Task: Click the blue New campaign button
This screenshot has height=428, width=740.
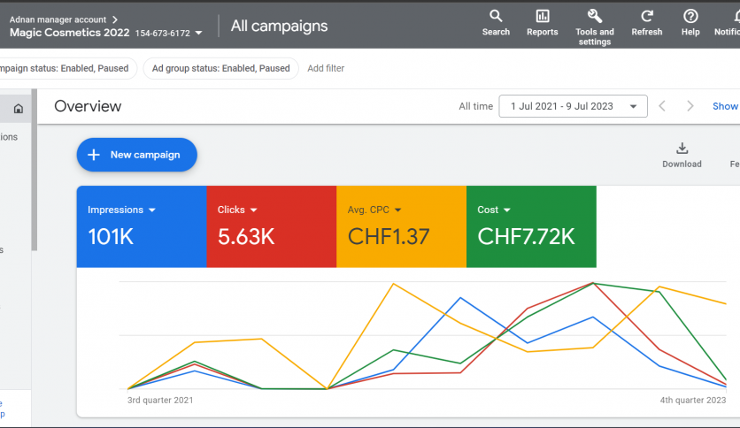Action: point(136,155)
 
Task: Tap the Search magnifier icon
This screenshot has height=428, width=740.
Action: point(496,16)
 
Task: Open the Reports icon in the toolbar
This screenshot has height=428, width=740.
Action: point(542,16)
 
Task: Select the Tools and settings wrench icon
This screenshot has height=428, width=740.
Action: point(594,16)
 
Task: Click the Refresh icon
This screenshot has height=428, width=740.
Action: point(647,16)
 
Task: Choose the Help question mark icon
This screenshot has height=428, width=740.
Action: point(690,16)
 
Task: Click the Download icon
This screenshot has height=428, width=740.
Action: point(682,149)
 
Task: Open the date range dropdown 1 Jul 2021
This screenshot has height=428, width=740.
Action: point(573,106)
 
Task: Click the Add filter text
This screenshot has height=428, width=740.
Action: point(326,68)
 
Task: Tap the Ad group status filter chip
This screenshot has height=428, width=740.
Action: point(220,68)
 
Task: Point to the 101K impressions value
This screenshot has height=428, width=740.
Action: point(110,236)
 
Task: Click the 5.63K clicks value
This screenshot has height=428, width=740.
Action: point(246,236)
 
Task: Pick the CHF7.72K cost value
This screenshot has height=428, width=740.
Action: point(526,236)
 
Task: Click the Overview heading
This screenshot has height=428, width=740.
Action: point(88,106)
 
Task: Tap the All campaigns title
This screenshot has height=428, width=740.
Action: point(279,26)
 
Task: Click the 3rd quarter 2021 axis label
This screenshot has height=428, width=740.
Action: point(160,400)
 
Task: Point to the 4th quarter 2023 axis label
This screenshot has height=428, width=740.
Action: point(693,400)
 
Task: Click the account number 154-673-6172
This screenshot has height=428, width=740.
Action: point(162,33)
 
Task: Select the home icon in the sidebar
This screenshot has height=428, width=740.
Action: point(18,109)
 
